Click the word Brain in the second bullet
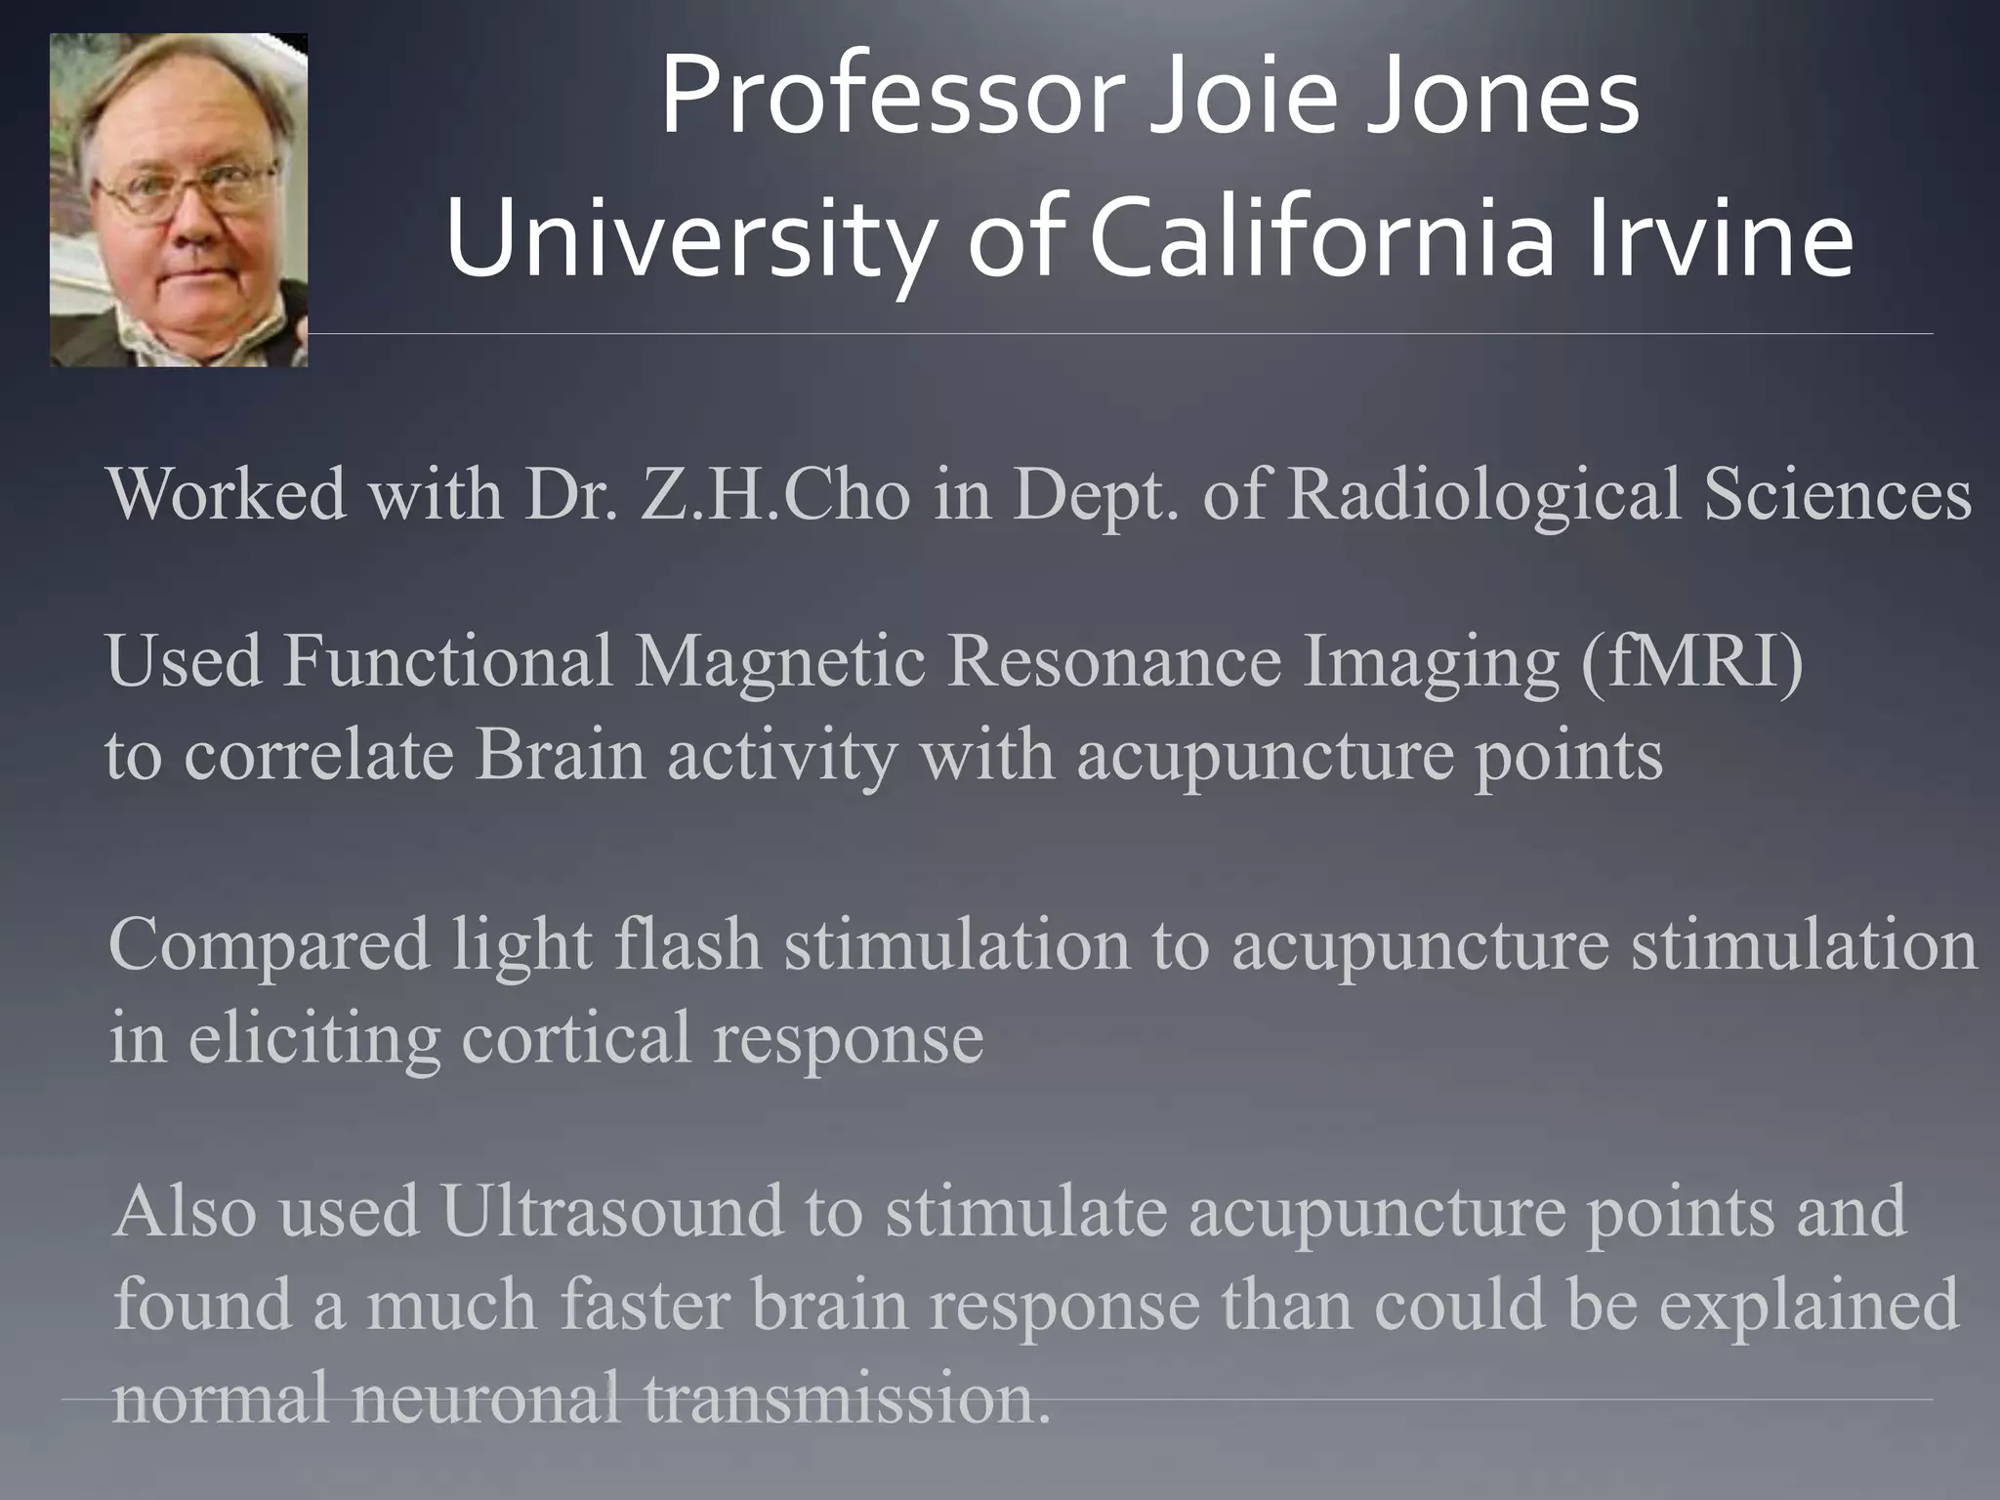coord(561,754)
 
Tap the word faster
coord(646,1304)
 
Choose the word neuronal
coord(487,1396)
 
